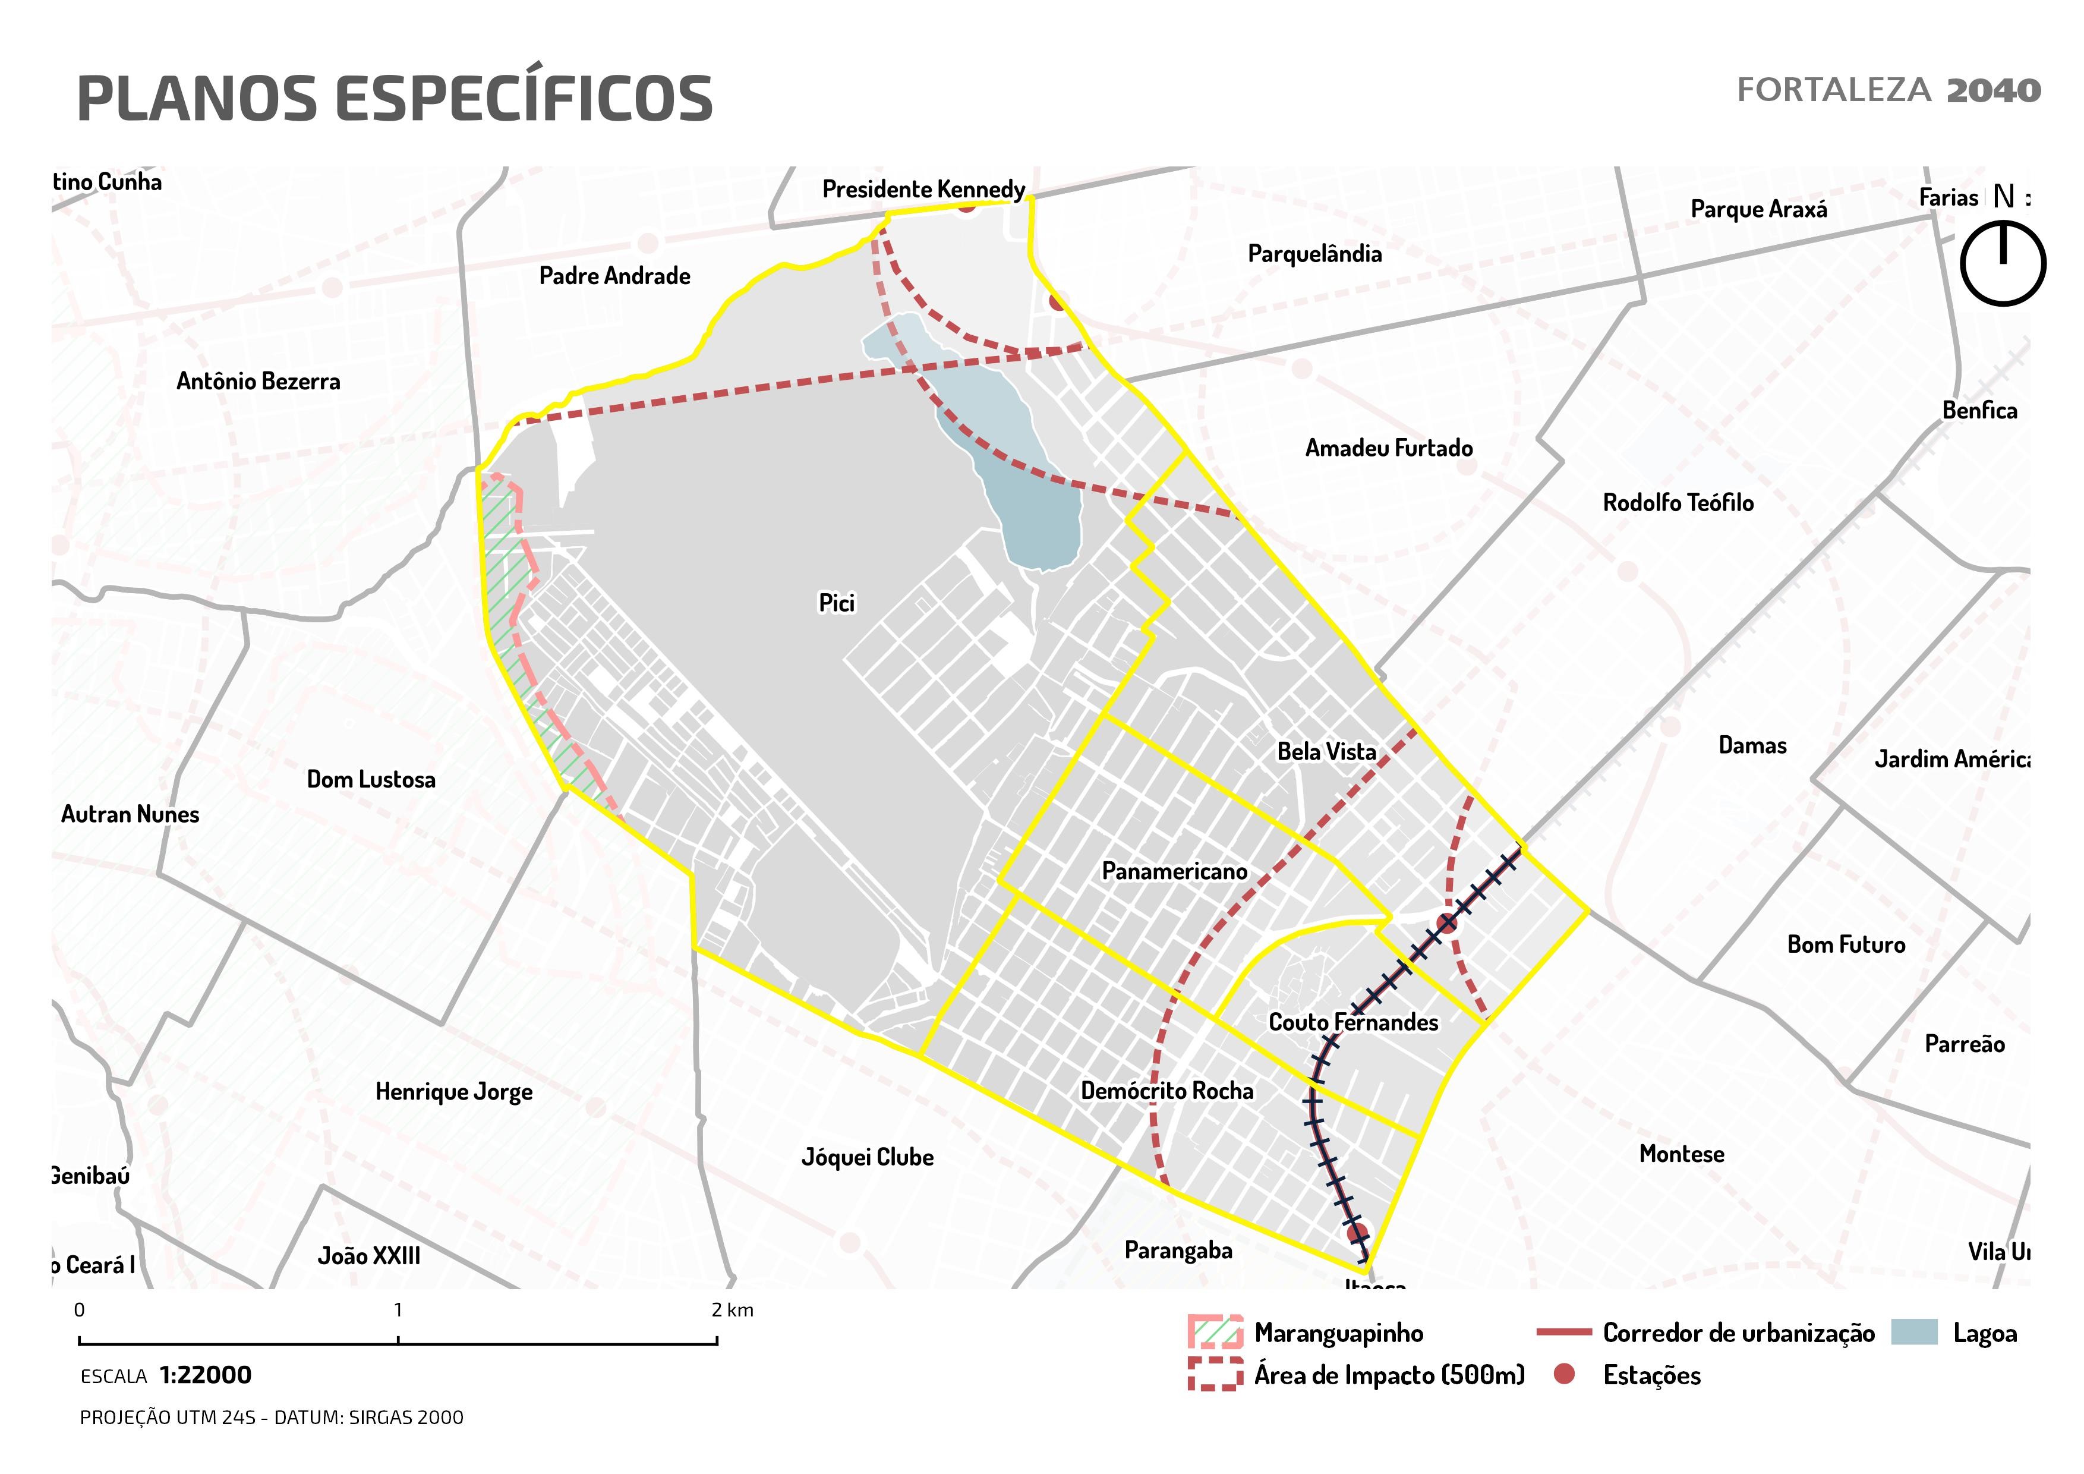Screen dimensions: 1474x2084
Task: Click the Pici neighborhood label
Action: pyautogui.click(x=836, y=603)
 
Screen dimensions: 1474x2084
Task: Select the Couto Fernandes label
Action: pyautogui.click(x=1352, y=1022)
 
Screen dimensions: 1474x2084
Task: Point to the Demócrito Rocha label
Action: pyautogui.click(x=1166, y=1091)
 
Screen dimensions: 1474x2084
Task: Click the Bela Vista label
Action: pyautogui.click(x=1326, y=751)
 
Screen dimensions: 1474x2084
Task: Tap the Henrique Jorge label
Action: pyautogui.click(x=454, y=1091)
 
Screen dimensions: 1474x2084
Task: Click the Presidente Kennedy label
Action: pyautogui.click(x=923, y=189)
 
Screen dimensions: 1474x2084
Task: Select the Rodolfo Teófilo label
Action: pyautogui.click(x=1678, y=503)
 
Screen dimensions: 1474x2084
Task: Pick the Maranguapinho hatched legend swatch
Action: pyautogui.click(x=1215, y=1333)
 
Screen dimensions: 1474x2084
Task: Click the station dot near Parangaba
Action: pyautogui.click(x=1357, y=1233)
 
